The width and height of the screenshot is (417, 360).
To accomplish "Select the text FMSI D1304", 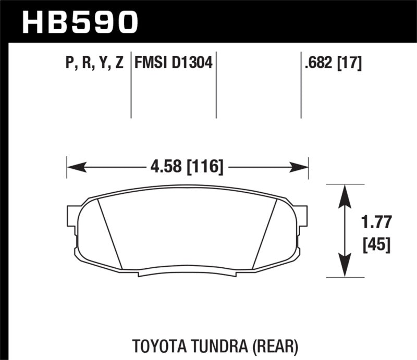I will (173, 64).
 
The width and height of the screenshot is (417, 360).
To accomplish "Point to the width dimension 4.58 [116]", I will (186, 167).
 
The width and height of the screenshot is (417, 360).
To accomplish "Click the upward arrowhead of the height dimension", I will (344, 194).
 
